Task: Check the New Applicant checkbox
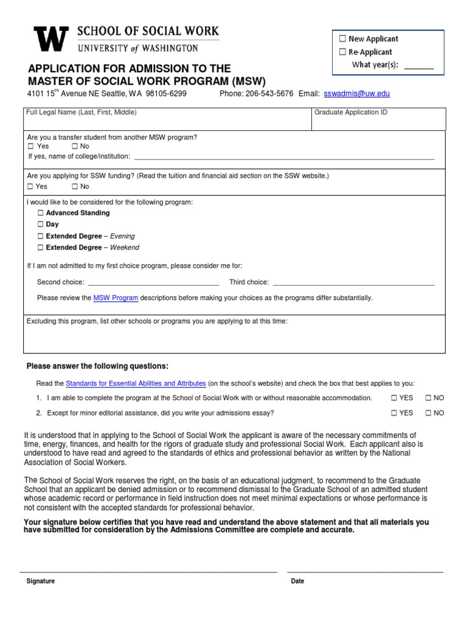tap(342, 39)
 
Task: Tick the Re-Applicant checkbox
tap(342, 52)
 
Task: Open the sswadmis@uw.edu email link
tap(357, 94)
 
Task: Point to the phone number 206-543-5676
tap(269, 94)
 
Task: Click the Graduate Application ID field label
tap(351, 113)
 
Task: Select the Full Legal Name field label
tap(81, 113)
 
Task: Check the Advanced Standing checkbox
tap(40, 213)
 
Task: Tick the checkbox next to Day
tap(40, 224)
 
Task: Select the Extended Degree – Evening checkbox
tap(40, 236)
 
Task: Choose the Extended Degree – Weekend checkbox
tap(40, 248)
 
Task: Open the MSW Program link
tap(116, 298)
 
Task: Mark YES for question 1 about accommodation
tap(394, 398)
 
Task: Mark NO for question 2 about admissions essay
tap(428, 412)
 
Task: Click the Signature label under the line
tap(40, 581)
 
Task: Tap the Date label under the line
tap(297, 581)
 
